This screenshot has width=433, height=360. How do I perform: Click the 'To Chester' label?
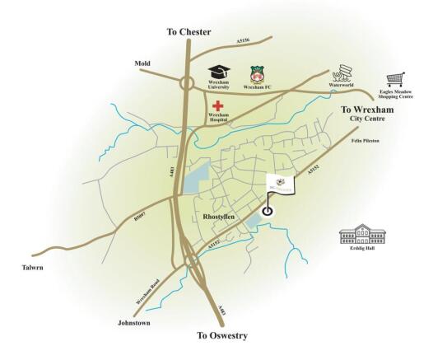pyautogui.click(x=189, y=32)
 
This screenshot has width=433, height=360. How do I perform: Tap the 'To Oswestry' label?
pyautogui.click(x=222, y=335)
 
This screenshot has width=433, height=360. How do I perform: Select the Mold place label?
pyautogui.click(x=142, y=63)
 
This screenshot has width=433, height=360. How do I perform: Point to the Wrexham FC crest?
pyautogui.click(x=256, y=73)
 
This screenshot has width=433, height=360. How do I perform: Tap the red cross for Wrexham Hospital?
pyautogui.click(x=218, y=106)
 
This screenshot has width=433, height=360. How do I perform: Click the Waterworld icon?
pyautogui.click(x=342, y=71)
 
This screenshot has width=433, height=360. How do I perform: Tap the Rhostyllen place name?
pyautogui.click(x=218, y=216)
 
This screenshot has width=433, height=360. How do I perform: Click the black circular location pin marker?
pyautogui.click(x=267, y=210)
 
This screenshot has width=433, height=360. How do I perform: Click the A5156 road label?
pyautogui.click(x=242, y=39)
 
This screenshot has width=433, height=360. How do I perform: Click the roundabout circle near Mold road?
pyautogui.click(x=188, y=82)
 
